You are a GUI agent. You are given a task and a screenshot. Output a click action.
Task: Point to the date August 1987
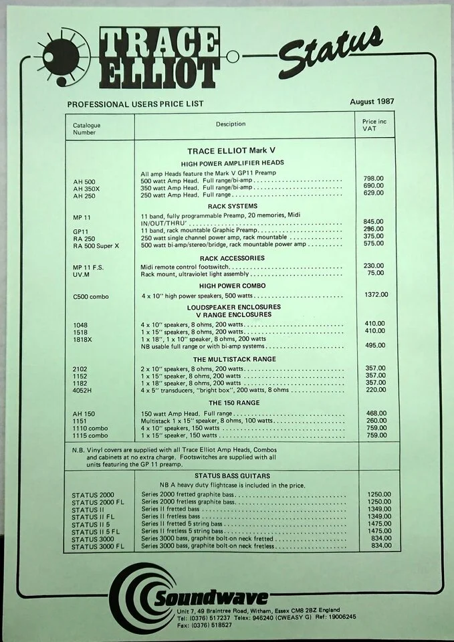[372, 102]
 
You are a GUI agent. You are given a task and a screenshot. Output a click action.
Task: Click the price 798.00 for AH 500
[374, 179]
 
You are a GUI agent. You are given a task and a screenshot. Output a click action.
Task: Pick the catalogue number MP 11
[83, 217]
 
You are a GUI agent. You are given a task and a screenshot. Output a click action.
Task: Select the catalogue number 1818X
[82, 339]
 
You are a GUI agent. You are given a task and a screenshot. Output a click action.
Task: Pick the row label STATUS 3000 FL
[98, 546]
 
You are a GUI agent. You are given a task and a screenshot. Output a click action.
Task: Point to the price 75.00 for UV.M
[376, 273]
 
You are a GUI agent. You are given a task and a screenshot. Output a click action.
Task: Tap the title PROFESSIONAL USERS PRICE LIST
[135, 104]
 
